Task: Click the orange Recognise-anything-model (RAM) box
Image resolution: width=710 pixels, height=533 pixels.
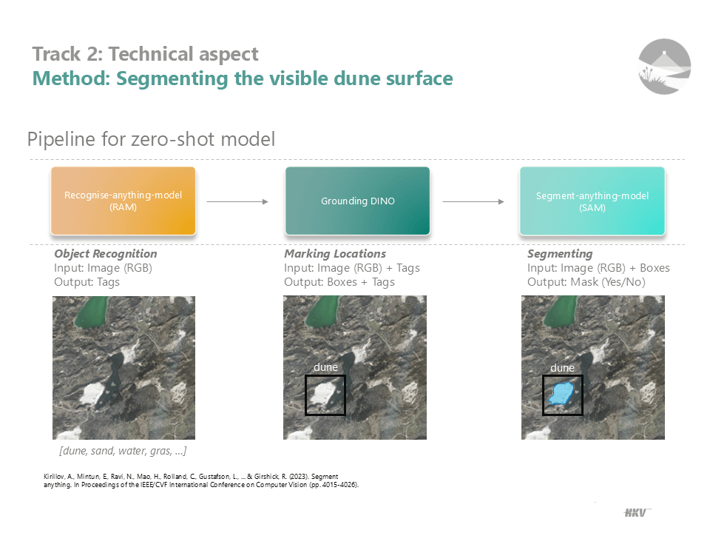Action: pyautogui.click(x=123, y=201)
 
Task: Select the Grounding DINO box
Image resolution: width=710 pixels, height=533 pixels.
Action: pyautogui.click(x=357, y=201)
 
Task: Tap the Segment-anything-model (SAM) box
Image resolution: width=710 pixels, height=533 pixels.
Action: pyautogui.click(x=592, y=201)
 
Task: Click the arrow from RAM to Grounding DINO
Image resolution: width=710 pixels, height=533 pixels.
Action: pyautogui.click(x=237, y=201)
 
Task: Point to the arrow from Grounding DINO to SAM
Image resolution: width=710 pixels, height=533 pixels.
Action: pyautogui.click(x=473, y=201)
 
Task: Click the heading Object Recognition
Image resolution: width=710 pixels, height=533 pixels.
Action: pyautogui.click(x=105, y=254)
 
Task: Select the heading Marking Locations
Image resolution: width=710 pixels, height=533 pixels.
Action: pyautogui.click(x=334, y=254)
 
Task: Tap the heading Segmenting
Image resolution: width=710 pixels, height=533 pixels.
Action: pyautogui.click(x=560, y=254)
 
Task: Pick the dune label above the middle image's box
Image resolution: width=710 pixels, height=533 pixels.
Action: pyautogui.click(x=325, y=367)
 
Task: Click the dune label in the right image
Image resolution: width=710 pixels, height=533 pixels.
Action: pyautogui.click(x=562, y=368)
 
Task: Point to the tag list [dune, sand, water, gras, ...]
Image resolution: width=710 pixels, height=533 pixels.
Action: pyautogui.click(x=123, y=450)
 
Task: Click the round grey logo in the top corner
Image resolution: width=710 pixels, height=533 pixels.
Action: pyautogui.click(x=664, y=67)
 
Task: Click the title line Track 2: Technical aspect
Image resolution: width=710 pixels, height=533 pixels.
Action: pyautogui.click(x=146, y=54)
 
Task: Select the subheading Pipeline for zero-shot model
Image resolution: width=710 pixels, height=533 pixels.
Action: pyautogui.click(x=151, y=139)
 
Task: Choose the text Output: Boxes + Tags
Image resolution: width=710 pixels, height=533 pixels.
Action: pyautogui.click(x=339, y=282)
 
